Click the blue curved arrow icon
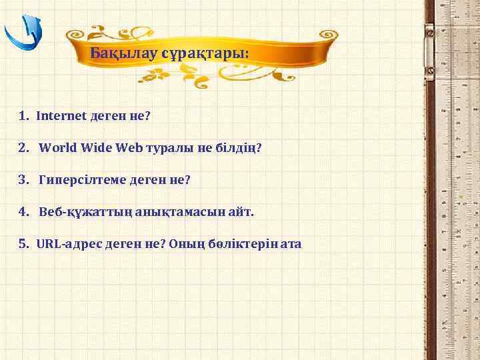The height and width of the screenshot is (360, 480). click(x=24, y=34)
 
